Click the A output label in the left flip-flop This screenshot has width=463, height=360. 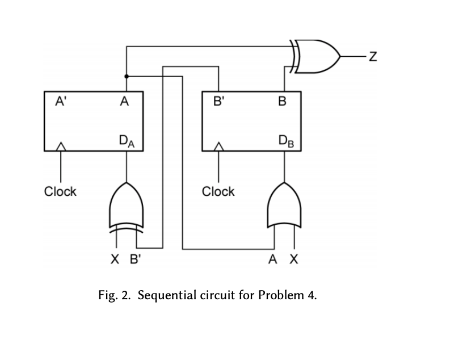pos(125,102)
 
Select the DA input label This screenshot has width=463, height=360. pos(127,140)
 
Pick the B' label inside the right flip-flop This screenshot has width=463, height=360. pos(218,102)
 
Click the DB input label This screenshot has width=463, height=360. pos(285,140)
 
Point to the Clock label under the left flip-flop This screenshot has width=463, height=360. pos(60,191)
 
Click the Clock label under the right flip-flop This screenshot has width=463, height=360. pos(218,191)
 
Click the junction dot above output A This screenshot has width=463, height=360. pos(126,76)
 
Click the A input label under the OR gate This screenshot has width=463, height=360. pos(273,260)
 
